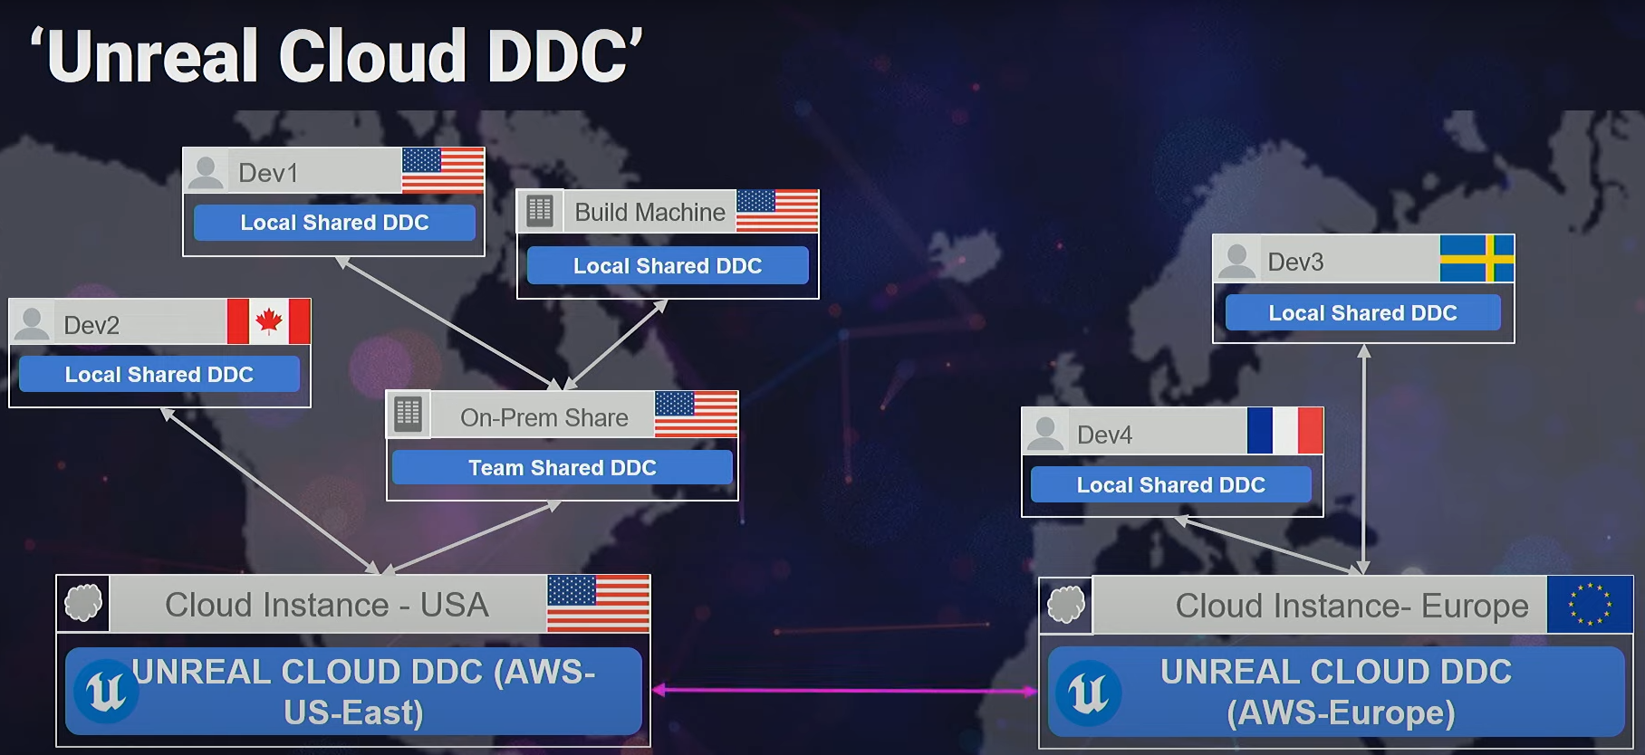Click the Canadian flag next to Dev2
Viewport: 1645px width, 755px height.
click(x=268, y=321)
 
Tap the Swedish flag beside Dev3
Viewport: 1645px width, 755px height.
click(x=1477, y=258)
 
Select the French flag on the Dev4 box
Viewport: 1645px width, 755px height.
click(x=1284, y=431)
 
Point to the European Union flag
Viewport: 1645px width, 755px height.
click(x=1590, y=604)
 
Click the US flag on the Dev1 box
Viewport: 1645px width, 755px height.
click(x=442, y=170)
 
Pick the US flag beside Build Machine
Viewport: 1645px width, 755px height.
click(x=777, y=211)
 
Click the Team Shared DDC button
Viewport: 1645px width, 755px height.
click(x=562, y=468)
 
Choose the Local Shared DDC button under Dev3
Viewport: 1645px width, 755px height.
click(x=1362, y=313)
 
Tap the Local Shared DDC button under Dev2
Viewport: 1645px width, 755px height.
click(x=159, y=375)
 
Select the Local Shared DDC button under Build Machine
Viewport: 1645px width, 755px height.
click(x=667, y=266)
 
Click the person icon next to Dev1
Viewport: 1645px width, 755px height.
click(x=206, y=172)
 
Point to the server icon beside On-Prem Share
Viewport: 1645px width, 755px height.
click(x=408, y=415)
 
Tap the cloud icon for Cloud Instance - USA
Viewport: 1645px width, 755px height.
click(x=83, y=603)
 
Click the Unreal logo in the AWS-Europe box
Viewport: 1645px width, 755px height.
click(x=1088, y=693)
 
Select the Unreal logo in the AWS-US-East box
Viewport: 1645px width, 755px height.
click(x=106, y=693)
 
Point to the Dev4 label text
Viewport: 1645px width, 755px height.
click(x=1104, y=435)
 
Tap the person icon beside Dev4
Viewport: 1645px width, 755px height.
click(x=1045, y=433)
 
